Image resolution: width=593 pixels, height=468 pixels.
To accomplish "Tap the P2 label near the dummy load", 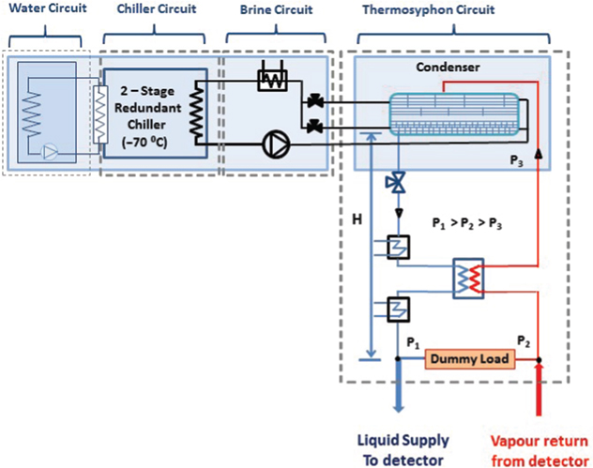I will [x=525, y=341].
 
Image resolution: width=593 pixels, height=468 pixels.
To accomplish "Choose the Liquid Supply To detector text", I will [x=404, y=445].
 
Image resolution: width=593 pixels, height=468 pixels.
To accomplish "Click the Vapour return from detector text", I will [x=539, y=445].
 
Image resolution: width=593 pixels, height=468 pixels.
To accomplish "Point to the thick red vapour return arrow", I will [x=540, y=394].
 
